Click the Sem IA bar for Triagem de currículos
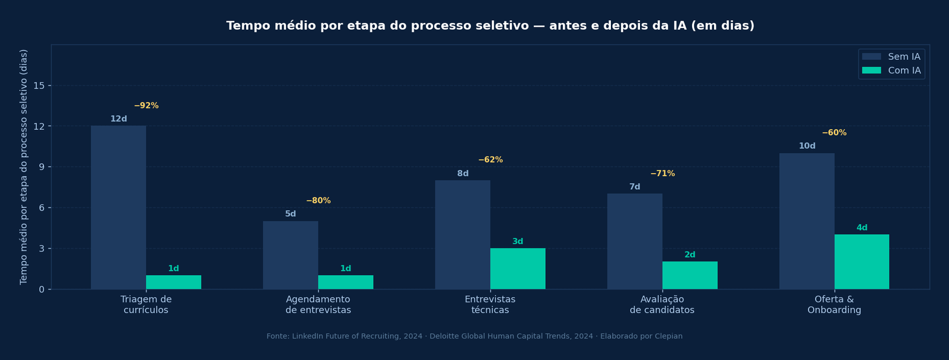[x=119, y=208]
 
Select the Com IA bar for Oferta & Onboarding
[x=862, y=262]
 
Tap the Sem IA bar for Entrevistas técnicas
[x=463, y=235]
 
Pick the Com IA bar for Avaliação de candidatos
[x=690, y=276]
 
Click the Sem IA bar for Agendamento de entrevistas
[x=291, y=255]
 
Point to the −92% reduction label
[x=147, y=106]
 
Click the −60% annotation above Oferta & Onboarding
[x=834, y=133]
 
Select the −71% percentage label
[x=663, y=174]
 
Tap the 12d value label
[x=119, y=119]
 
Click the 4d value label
[x=862, y=228]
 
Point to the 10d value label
[x=807, y=146]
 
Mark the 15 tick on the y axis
[x=39, y=86]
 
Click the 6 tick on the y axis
[x=42, y=208]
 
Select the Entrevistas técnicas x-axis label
[x=490, y=305]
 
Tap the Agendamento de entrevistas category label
[x=318, y=305]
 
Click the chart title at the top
[x=490, y=26]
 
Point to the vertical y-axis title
[x=24, y=167]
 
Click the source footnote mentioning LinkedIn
[x=474, y=336]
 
